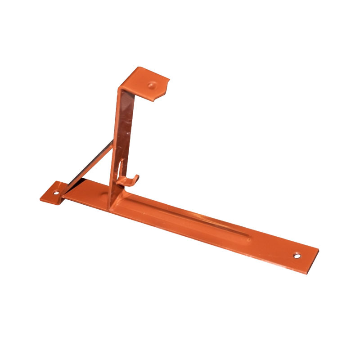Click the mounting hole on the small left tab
tap(56, 192)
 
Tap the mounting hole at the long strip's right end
tap(297, 256)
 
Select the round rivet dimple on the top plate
tap(152, 84)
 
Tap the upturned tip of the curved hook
tap(137, 177)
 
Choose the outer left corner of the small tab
tap(40, 198)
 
